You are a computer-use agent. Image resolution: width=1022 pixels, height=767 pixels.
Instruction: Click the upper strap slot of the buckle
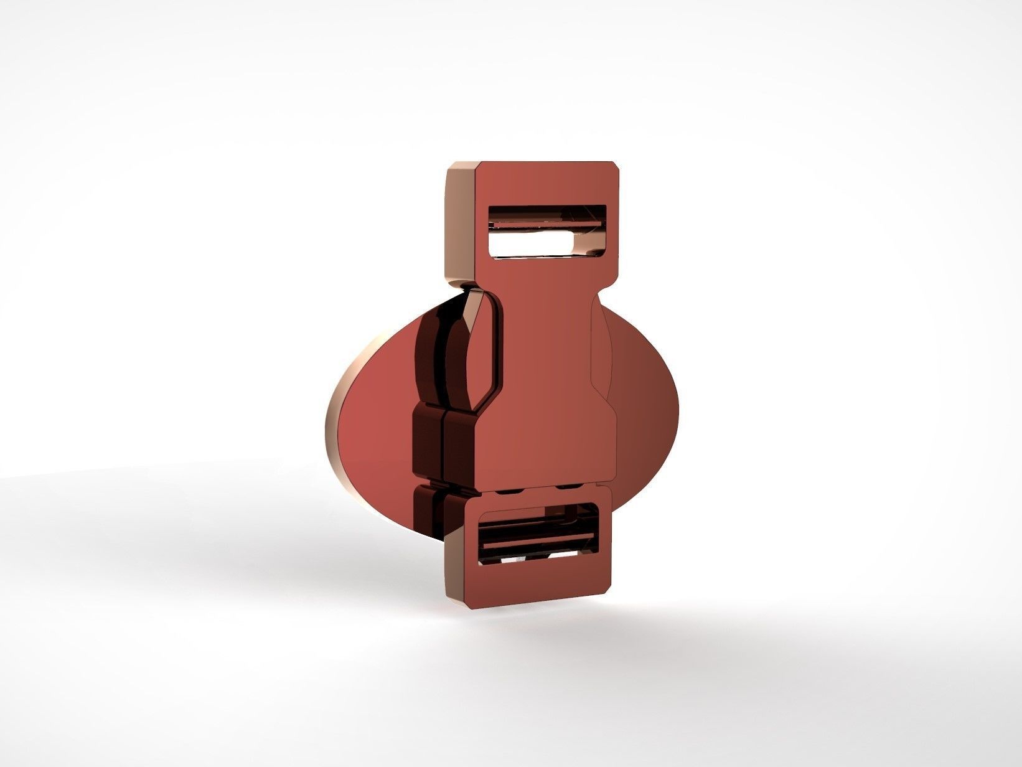point(547,230)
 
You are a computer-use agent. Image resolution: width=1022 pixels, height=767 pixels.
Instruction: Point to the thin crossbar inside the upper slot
point(547,224)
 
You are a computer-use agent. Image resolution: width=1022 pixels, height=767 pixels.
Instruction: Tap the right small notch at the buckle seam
point(566,491)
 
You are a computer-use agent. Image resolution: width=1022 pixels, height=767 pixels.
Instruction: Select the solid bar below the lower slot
point(535,582)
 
